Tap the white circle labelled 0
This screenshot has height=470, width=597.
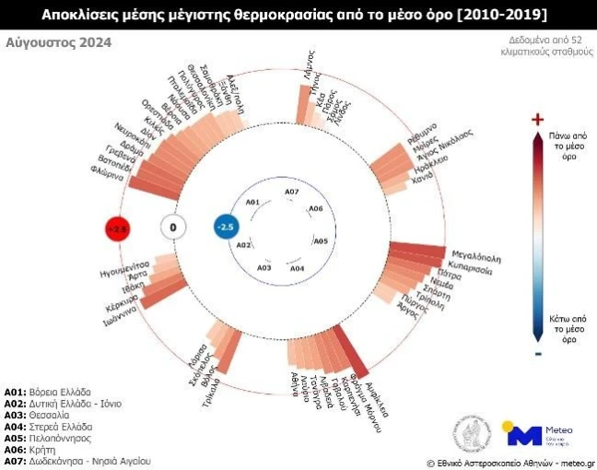[x=172, y=227]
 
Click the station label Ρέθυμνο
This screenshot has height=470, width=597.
[x=423, y=131]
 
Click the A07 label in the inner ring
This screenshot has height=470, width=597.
[x=291, y=192]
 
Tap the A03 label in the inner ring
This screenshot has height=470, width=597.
[x=264, y=267]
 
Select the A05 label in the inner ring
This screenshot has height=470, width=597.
[x=321, y=241]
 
